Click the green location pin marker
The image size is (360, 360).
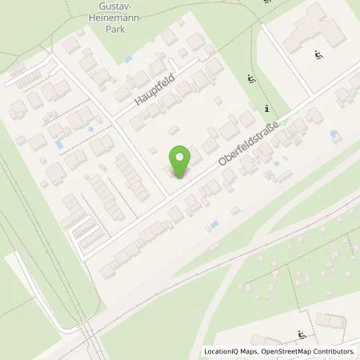[x=180, y=162]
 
